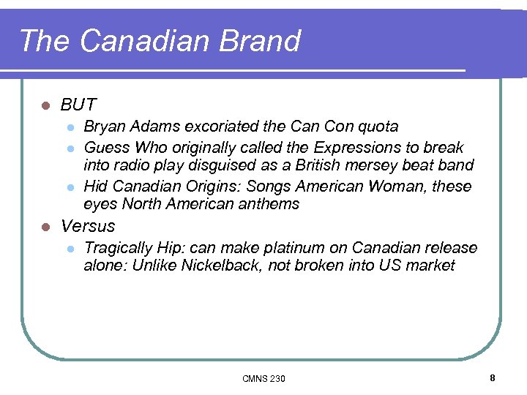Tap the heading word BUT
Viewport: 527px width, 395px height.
coord(78,105)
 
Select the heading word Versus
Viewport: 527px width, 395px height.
coord(88,226)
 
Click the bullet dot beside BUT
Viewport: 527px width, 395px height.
coord(45,105)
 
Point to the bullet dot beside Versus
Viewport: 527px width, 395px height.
coord(45,227)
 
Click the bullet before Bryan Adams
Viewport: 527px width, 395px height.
coord(70,127)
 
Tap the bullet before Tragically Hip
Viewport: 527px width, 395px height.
coord(70,249)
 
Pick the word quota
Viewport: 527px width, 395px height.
coord(377,127)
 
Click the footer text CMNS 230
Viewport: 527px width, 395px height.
coord(263,378)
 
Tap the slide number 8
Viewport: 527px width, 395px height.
coord(493,377)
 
